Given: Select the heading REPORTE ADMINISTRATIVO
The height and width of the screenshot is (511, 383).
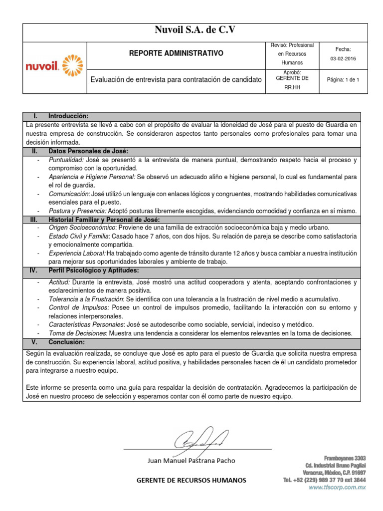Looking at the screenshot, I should click(177, 53).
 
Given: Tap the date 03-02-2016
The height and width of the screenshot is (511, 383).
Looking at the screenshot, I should click(343, 58).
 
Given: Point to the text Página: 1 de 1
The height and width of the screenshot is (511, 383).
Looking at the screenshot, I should click(343, 80).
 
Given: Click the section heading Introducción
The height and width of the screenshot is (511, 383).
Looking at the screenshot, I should click(68, 116).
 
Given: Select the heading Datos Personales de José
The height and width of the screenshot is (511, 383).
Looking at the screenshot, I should click(88, 151).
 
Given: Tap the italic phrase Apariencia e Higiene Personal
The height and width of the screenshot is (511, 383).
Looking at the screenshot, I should click(92, 177).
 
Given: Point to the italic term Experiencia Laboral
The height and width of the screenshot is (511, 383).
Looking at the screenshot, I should click(77, 254).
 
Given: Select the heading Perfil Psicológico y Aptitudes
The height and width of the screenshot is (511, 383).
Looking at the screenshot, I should click(93, 270).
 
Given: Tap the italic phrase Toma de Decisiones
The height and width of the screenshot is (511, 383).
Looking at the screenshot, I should click(77, 333).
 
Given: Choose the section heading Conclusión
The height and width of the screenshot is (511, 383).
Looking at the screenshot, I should click(66, 342).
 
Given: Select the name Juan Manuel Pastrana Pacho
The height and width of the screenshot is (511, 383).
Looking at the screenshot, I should click(192, 460).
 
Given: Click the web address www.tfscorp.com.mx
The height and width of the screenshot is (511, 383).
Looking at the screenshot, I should click(337, 488).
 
